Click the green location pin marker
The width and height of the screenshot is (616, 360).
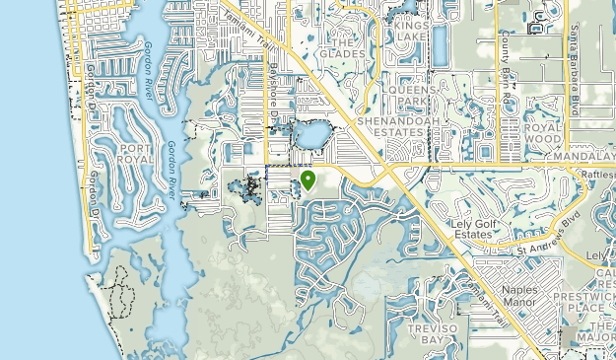[x=308, y=180]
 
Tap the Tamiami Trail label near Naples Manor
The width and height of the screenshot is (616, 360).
[x=486, y=301]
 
